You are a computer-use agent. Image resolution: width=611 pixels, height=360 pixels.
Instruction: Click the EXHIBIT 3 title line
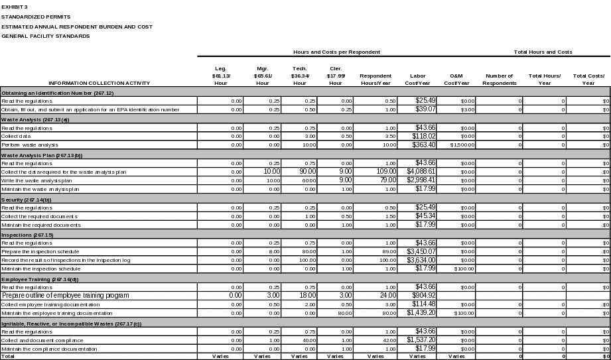(15, 7)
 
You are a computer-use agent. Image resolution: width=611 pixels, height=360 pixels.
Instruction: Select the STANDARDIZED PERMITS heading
(36, 17)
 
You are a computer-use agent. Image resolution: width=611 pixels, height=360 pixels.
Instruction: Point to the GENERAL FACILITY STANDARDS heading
(45, 36)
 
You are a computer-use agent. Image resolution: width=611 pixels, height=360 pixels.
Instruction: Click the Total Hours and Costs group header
(543, 52)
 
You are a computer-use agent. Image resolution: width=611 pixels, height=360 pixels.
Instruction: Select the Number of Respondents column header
(500, 79)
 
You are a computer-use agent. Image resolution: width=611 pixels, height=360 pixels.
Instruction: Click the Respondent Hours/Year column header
(375, 79)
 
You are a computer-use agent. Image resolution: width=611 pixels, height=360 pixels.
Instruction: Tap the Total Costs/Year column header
(588, 79)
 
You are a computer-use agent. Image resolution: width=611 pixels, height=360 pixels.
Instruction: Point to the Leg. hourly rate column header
(220, 76)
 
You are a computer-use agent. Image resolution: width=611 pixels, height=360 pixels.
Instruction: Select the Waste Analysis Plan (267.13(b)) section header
(42, 155)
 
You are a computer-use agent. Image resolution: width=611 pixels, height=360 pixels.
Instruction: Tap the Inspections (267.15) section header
(27, 235)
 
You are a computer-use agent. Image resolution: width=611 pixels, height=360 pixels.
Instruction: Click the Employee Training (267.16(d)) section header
(40, 279)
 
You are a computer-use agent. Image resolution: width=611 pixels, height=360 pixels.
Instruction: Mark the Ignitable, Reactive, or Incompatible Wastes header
(71, 324)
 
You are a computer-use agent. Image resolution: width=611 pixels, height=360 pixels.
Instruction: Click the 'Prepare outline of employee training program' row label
(65, 295)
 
